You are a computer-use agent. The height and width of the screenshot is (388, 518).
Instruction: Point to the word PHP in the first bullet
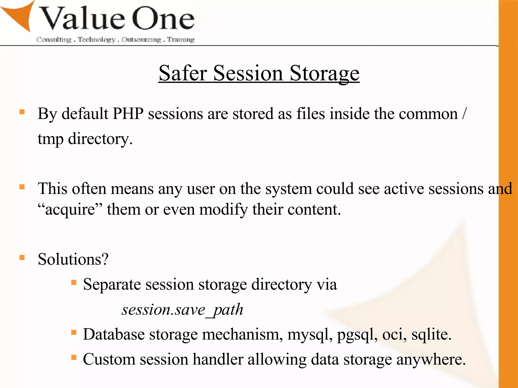(128, 113)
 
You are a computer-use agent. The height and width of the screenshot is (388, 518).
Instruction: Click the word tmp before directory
(50, 139)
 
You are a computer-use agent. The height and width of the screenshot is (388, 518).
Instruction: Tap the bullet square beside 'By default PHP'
(22, 112)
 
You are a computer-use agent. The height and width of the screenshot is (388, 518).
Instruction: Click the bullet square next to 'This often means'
(22, 187)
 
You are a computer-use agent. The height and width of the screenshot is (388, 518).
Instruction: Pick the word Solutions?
(73, 259)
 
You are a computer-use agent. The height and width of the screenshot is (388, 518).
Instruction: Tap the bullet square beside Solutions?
(22, 257)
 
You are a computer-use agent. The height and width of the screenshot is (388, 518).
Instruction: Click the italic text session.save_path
(182, 310)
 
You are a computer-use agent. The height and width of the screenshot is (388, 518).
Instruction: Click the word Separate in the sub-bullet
(112, 285)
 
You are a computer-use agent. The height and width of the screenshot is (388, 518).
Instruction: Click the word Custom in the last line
(109, 359)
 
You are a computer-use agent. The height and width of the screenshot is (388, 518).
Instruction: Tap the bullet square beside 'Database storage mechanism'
(74, 332)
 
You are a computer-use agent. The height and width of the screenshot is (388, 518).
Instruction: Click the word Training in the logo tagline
(181, 40)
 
